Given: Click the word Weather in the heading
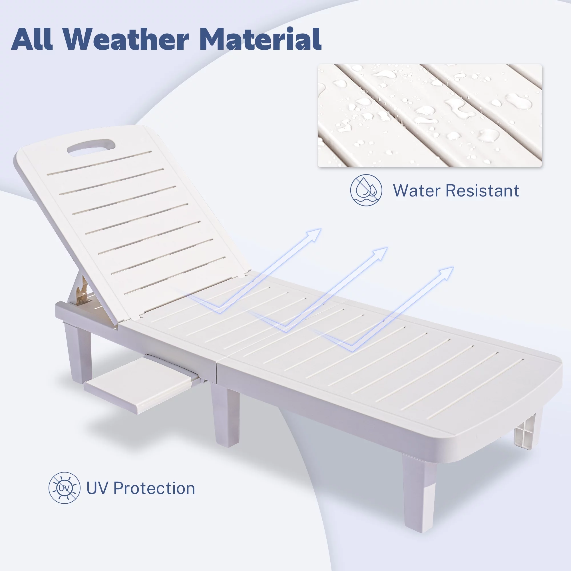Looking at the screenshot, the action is [126, 39].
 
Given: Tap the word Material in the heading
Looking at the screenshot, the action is [260, 39].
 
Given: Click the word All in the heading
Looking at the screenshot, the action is [32, 39].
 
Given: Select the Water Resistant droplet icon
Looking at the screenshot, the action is [366, 190].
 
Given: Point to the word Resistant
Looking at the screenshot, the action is [482, 190].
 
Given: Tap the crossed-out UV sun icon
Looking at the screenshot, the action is [65, 488].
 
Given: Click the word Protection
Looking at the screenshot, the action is [154, 488].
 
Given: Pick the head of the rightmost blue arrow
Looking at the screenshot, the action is [446, 274].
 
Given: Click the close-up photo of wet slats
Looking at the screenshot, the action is [430, 116].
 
